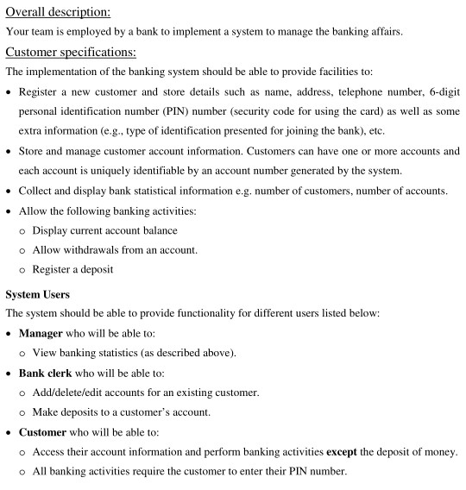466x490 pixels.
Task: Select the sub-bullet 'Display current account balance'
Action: click(x=106, y=231)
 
